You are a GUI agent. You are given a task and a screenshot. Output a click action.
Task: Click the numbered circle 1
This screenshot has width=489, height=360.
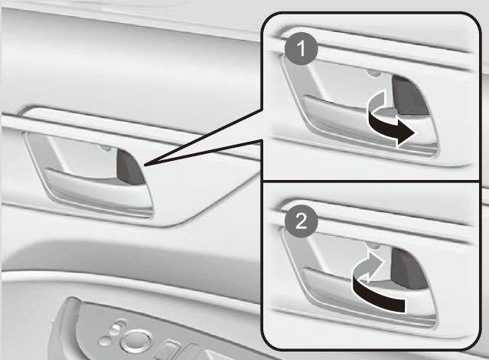(302, 49)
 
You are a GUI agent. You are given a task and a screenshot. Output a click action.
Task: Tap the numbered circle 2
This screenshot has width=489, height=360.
(302, 221)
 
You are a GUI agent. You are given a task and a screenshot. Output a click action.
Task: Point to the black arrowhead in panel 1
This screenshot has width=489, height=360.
(406, 133)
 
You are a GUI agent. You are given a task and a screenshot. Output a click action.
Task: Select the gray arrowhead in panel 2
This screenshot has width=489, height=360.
(374, 263)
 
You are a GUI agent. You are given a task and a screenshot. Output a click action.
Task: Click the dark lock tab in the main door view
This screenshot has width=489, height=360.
(130, 167)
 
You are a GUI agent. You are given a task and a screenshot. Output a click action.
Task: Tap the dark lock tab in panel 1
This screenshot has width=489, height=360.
(409, 95)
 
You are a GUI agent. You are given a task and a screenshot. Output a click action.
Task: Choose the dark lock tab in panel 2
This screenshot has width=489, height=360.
(408, 268)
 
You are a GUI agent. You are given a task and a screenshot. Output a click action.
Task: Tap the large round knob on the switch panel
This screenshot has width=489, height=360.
(137, 340)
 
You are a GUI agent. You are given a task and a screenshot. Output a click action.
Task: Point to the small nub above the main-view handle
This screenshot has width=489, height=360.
(106, 148)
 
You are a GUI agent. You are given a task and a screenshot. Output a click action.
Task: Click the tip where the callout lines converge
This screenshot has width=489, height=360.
(145, 165)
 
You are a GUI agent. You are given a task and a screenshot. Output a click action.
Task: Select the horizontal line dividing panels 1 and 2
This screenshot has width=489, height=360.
(371, 181)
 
